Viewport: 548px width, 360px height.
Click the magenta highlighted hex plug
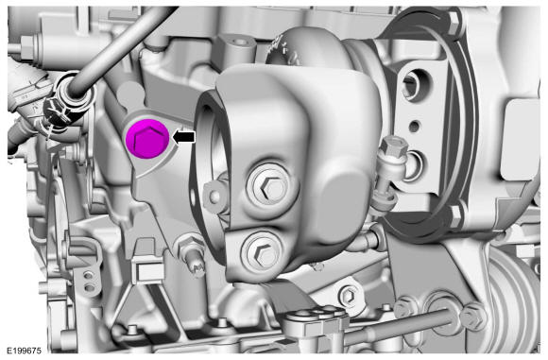(x=147, y=138)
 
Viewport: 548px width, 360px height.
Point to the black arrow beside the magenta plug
(x=184, y=137)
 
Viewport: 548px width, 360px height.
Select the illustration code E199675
(x=24, y=351)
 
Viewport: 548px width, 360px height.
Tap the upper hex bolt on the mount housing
(x=271, y=188)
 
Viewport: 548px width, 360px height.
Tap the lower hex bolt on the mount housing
(x=262, y=251)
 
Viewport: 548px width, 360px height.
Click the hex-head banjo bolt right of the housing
(x=394, y=146)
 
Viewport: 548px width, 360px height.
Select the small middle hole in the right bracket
(x=415, y=127)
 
